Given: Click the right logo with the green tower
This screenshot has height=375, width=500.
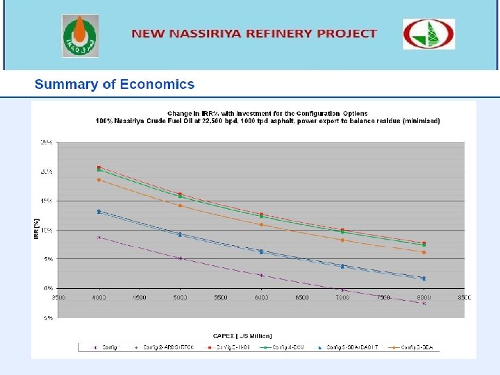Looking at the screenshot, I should coord(429,34).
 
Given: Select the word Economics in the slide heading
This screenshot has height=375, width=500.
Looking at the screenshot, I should coord(157,85).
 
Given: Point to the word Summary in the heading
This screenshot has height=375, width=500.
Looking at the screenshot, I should coord(67,85).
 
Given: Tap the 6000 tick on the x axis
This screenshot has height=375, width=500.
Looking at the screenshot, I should coord(261,297).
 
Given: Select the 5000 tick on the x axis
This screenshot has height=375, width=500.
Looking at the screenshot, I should coord(180,297).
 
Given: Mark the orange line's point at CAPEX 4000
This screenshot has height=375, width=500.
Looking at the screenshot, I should coord(99,180).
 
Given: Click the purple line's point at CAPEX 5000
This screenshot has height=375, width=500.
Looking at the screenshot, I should coord(180,258).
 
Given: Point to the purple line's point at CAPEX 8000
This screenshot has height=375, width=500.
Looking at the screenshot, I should coord(424,303).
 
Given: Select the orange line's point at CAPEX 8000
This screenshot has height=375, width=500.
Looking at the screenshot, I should coord(424,252).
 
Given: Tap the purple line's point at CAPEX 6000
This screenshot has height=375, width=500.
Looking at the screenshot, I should coord(261,275).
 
